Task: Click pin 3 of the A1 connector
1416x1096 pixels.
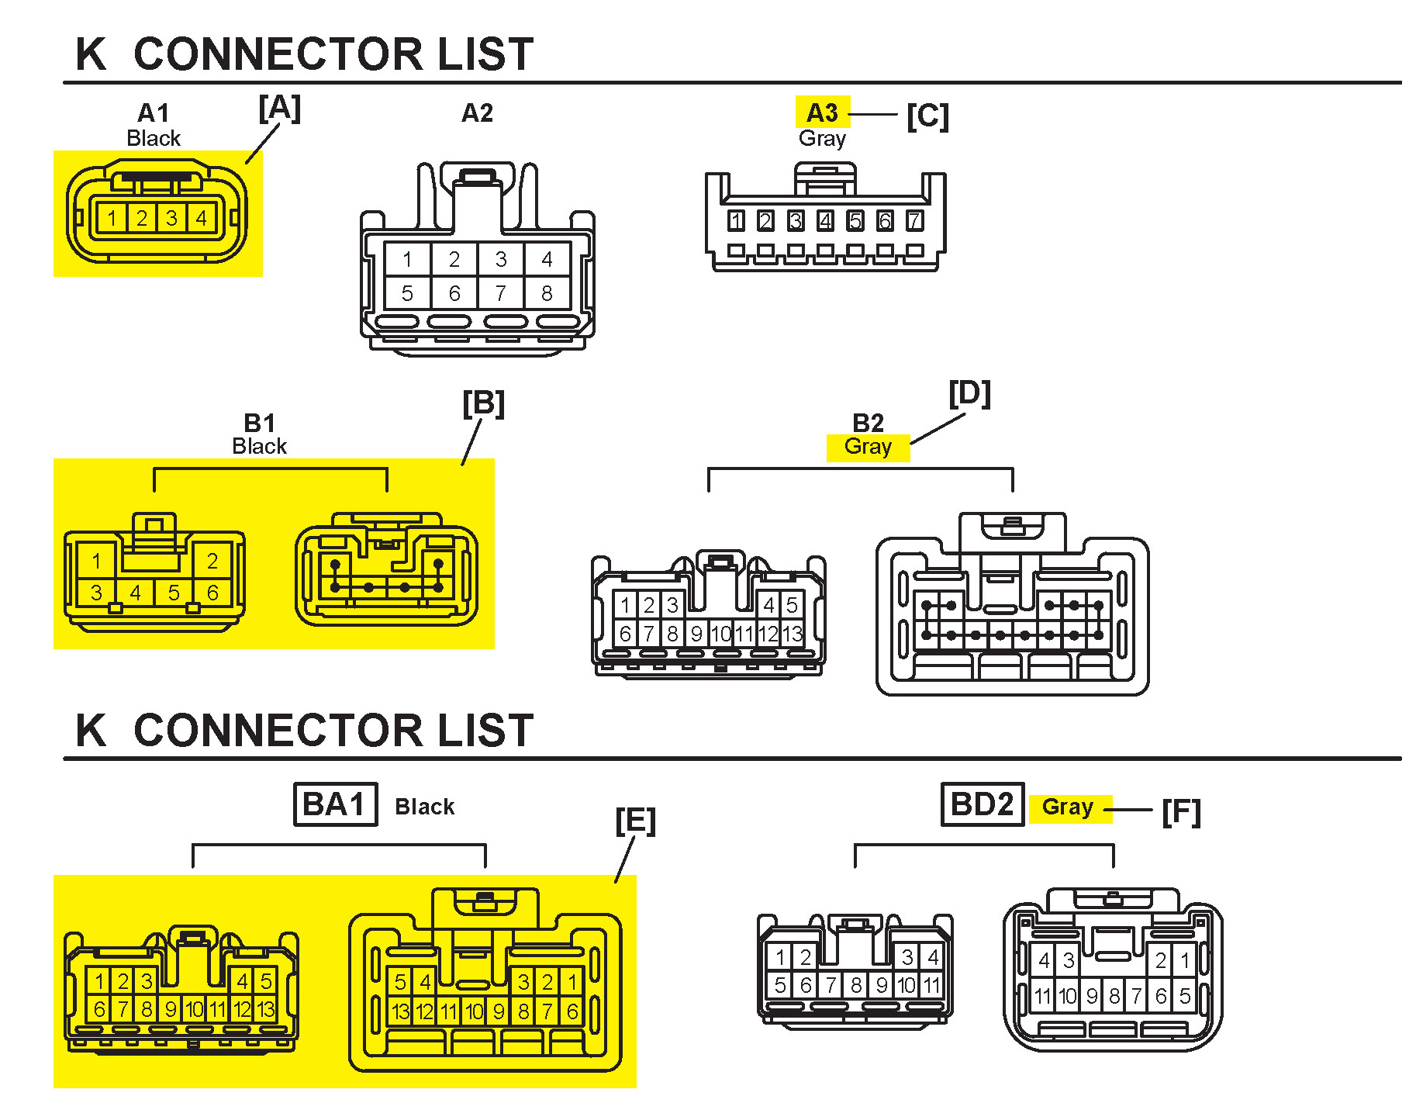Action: pyautogui.click(x=171, y=218)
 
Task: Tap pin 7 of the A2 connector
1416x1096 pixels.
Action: pyautogui.click(x=501, y=293)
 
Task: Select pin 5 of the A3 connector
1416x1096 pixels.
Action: pyautogui.click(x=855, y=221)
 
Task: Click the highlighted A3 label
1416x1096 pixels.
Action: pyautogui.click(x=822, y=113)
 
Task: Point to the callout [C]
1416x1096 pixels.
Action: pyautogui.click(x=927, y=116)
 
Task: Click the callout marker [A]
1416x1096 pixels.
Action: pyautogui.click(x=279, y=108)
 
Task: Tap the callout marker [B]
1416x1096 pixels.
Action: pyautogui.click(x=483, y=403)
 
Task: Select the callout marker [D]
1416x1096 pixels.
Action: pyautogui.click(x=969, y=393)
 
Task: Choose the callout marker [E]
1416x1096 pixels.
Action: pyautogui.click(x=635, y=820)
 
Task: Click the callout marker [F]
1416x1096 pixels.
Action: pyautogui.click(x=1181, y=812)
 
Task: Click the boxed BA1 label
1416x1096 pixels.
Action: pyautogui.click(x=335, y=804)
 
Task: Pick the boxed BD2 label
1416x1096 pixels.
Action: pyautogui.click(x=982, y=804)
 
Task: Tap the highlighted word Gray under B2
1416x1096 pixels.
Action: pyautogui.click(x=868, y=447)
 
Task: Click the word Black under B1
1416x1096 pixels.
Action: pyautogui.click(x=259, y=447)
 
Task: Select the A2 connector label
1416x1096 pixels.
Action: pyautogui.click(x=477, y=113)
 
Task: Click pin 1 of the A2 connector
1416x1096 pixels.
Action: pyautogui.click(x=407, y=259)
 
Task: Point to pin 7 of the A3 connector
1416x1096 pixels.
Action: pyautogui.click(x=914, y=221)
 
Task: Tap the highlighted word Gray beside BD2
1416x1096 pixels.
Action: pyautogui.click(x=1068, y=807)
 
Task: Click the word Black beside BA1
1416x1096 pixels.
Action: pyautogui.click(x=424, y=807)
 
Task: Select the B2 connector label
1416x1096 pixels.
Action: pyautogui.click(x=868, y=423)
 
